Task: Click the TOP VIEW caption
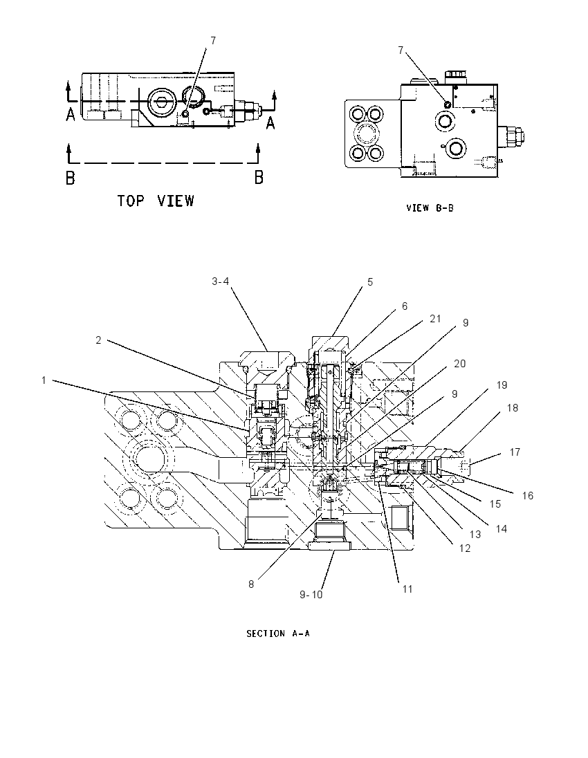(x=156, y=201)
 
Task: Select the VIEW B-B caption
(x=430, y=208)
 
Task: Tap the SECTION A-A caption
(x=278, y=634)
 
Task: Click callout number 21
(x=435, y=319)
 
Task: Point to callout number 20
(x=459, y=364)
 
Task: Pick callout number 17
(x=515, y=452)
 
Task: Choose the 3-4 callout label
(x=221, y=281)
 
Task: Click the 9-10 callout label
(x=311, y=595)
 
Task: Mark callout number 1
(x=44, y=380)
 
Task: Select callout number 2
(x=99, y=340)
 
